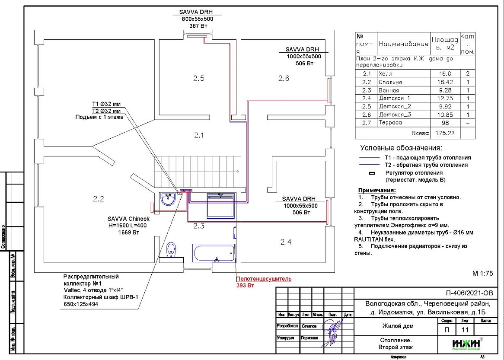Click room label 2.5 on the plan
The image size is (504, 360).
(198, 78)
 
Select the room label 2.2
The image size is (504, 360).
(99, 199)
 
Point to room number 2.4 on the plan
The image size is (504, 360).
(286, 242)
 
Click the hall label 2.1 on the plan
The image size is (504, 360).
(198, 135)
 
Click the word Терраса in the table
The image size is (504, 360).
(390, 123)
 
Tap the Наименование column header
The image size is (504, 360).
(404, 44)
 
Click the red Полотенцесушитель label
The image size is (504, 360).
(264, 279)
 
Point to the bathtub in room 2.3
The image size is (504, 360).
(214, 253)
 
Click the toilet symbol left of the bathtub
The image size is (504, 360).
(172, 249)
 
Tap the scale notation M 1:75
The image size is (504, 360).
(483, 274)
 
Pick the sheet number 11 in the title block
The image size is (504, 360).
(465, 330)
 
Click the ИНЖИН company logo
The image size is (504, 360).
(466, 344)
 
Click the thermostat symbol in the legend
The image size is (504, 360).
(371, 173)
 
